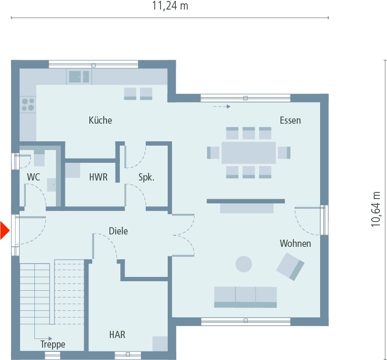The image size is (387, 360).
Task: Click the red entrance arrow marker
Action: tap(4, 231)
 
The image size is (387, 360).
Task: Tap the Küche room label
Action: tap(100, 120)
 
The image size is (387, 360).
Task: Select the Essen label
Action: tap(290, 120)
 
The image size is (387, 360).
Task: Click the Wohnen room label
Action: tap(295, 244)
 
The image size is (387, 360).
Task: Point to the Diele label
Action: tap(118, 231)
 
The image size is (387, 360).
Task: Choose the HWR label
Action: tap(98, 178)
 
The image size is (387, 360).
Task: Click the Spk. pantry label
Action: tap(146, 178)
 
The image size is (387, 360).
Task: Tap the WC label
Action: tap(33, 177)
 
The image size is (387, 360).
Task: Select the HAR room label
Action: tap(117, 335)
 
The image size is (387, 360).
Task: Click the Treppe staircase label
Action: tap(53, 344)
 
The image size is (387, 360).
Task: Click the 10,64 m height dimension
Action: tap(376, 209)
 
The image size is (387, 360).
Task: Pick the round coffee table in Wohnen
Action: tap(245, 264)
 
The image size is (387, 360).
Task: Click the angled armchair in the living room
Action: tap(290, 266)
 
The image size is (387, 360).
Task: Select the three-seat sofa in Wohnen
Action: tap(245, 296)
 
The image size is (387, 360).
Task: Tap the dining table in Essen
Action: tap(248, 153)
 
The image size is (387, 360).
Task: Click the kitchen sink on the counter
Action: tap(79, 76)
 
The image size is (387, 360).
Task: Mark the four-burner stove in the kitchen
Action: tap(28, 104)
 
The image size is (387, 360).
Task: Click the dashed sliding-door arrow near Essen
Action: tap(221, 106)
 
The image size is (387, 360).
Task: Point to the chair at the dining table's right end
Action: tap(284, 153)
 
